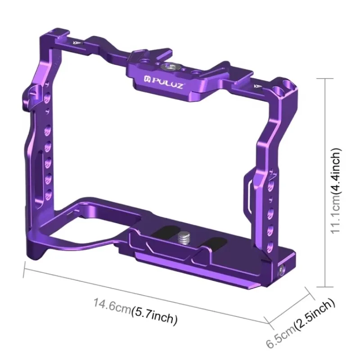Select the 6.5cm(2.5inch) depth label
(x=301, y=322)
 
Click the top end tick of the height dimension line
(x=325, y=77)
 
